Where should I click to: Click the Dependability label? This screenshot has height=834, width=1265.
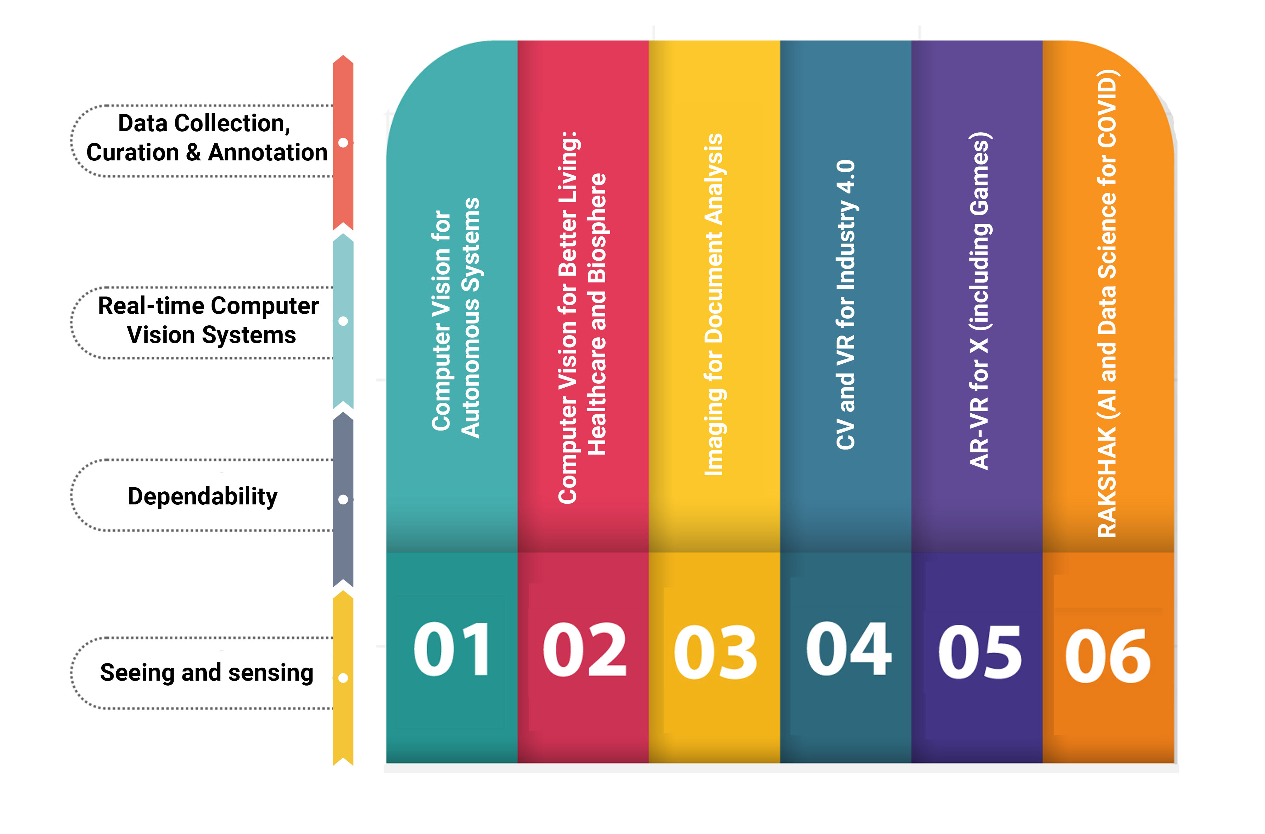[x=202, y=496]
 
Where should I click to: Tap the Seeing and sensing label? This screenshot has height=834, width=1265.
[x=207, y=673]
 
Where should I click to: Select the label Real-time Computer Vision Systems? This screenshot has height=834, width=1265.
[x=208, y=321]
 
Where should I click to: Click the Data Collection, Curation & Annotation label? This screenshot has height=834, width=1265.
[x=207, y=138]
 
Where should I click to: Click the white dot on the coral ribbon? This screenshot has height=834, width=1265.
[x=343, y=142]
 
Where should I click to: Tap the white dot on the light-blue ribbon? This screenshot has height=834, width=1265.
[x=343, y=321]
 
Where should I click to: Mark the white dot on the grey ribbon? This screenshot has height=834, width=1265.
[x=343, y=499]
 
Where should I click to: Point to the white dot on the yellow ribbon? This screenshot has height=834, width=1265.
[x=343, y=678]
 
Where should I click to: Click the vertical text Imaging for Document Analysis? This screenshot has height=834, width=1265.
[x=714, y=305]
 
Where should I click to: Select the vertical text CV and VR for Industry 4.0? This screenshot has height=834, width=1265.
[x=845, y=305]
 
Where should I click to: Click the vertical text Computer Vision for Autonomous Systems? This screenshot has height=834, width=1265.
[x=456, y=318]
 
